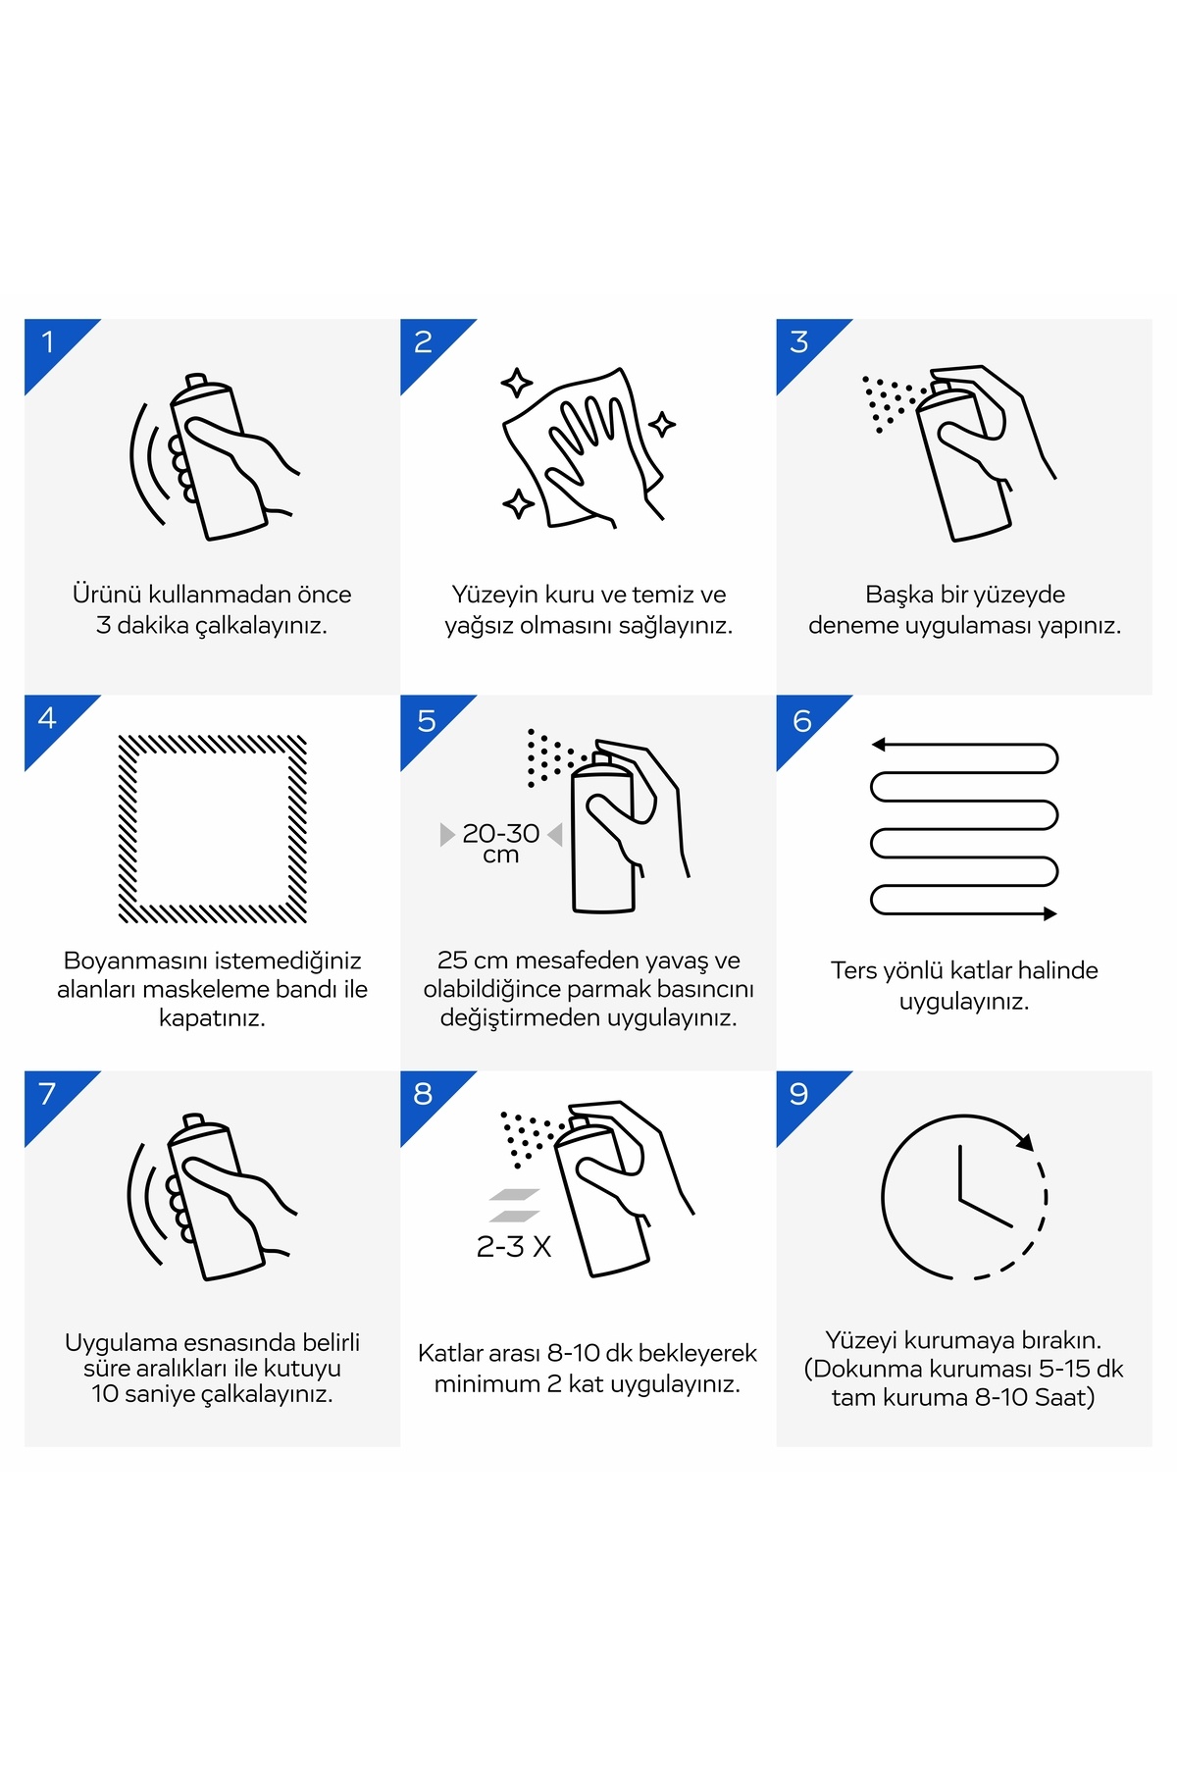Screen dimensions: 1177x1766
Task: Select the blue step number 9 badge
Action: tap(801, 1096)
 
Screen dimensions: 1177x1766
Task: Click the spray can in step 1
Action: tap(218, 457)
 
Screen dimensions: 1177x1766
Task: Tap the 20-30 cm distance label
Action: tap(501, 843)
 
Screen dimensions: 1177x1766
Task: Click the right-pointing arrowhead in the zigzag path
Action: tap(1050, 913)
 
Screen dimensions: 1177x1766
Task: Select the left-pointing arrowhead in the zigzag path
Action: tap(879, 745)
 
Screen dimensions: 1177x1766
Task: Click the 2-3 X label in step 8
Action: tap(514, 1247)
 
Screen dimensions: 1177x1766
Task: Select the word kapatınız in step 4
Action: tap(213, 1018)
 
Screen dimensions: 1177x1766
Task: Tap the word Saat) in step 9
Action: tap(1064, 1397)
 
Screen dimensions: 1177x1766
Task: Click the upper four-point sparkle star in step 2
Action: tap(517, 383)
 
